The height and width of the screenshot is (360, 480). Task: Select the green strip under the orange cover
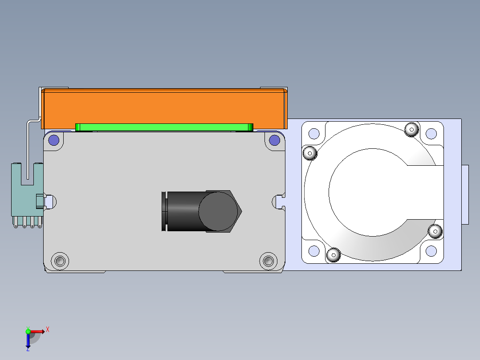(x=164, y=127)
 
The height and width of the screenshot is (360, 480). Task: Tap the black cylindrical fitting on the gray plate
(x=201, y=211)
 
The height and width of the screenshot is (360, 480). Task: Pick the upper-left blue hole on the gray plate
(x=54, y=140)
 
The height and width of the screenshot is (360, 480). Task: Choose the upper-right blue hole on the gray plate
(x=274, y=140)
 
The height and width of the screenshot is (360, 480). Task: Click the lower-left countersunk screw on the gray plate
(x=60, y=261)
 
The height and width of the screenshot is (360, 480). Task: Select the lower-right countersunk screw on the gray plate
(x=268, y=261)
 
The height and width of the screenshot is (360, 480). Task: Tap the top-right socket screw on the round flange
(x=411, y=130)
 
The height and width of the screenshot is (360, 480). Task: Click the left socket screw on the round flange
(x=310, y=152)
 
